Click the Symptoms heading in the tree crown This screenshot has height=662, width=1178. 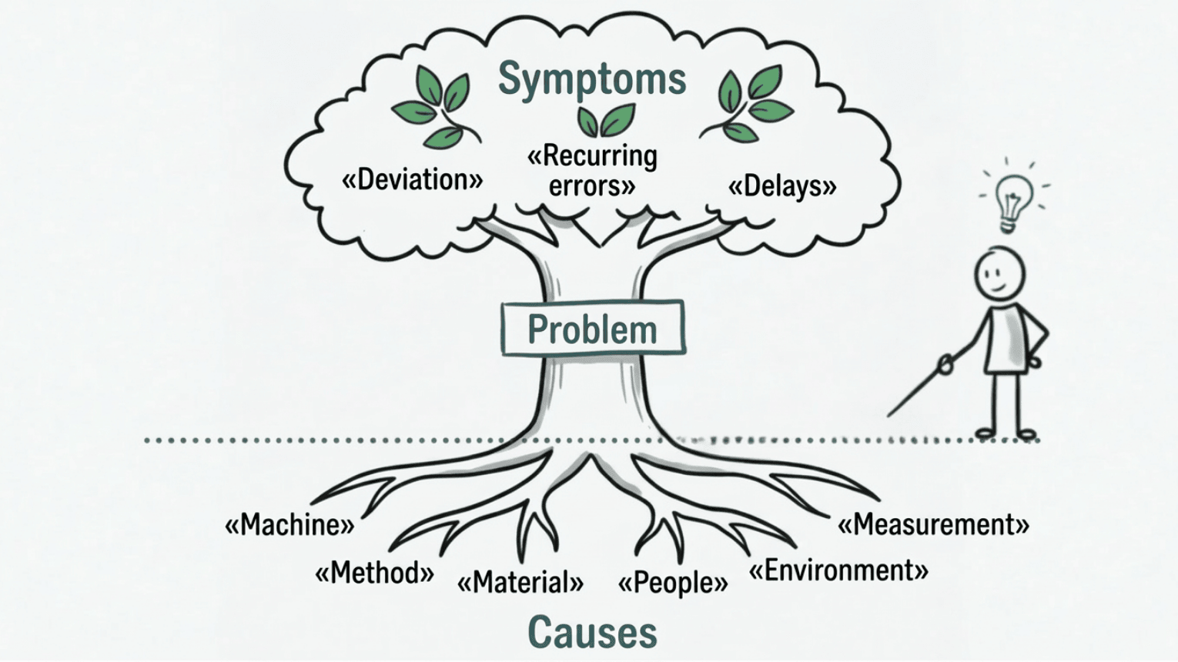point(591,79)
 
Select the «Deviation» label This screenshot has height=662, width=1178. point(412,180)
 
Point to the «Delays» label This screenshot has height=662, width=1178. point(782,186)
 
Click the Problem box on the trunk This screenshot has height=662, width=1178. point(592,329)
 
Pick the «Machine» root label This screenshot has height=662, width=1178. point(289,526)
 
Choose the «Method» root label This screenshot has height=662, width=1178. point(374,573)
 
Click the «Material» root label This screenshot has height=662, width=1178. point(520,583)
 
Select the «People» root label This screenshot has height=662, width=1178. point(673,583)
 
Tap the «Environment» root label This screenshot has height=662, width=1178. point(838,571)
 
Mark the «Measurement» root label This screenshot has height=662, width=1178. point(933,525)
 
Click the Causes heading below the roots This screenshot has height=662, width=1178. point(592,633)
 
